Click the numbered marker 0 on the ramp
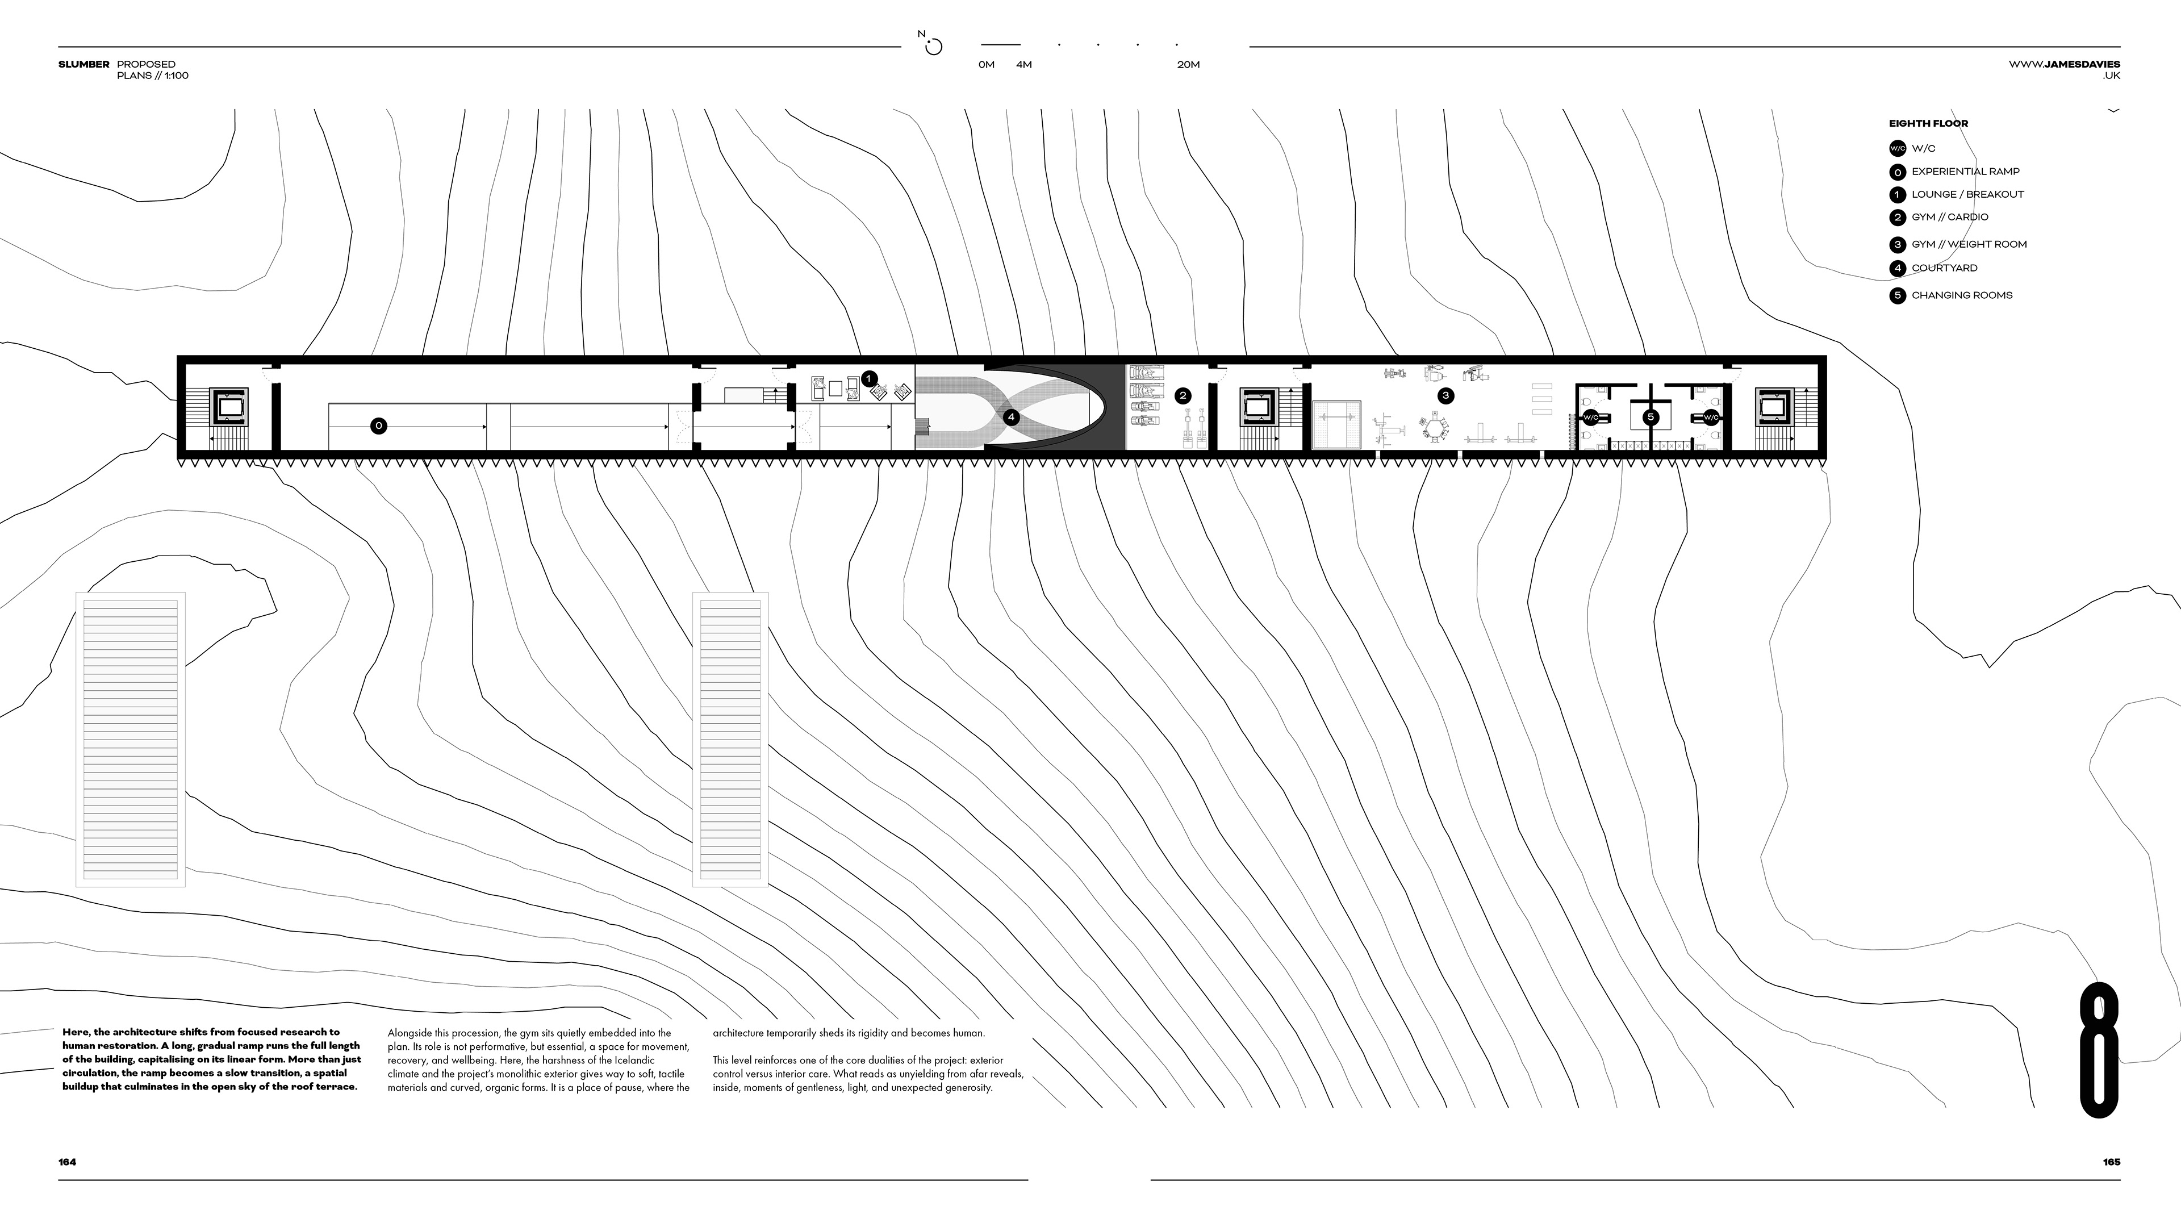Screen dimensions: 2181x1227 (x=378, y=426)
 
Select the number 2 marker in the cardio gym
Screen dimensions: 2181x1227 (x=1183, y=395)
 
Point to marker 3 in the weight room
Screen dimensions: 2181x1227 (x=1445, y=395)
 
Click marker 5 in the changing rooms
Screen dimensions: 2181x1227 (x=1650, y=416)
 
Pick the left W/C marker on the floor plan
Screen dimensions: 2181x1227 (x=1590, y=418)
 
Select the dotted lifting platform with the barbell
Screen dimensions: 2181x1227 (x=1336, y=425)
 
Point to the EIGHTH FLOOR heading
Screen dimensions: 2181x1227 (x=1928, y=124)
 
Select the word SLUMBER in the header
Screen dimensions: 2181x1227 (x=84, y=64)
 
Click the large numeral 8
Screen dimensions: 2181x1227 (x=2100, y=1049)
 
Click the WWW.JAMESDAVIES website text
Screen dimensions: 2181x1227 (x=2063, y=64)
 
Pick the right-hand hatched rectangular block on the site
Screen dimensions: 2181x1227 (x=730, y=738)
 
